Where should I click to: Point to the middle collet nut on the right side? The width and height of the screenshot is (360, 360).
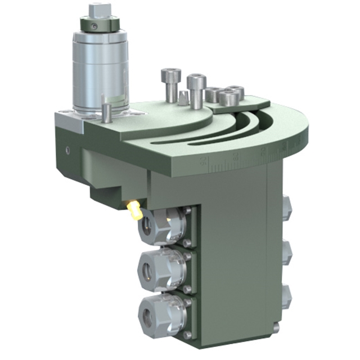[x=286, y=252]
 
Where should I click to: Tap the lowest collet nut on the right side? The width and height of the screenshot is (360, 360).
[x=286, y=296]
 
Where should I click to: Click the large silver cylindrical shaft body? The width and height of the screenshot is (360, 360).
[x=101, y=70]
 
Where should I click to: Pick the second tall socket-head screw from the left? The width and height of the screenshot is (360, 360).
[x=196, y=90]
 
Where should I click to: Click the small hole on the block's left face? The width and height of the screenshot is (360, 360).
[x=67, y=151]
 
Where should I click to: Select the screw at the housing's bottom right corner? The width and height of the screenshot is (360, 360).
[x=276, y=328]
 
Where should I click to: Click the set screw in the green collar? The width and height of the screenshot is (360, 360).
[x=97, y=26]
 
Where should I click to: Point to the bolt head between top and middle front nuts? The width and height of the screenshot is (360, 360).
[x=188, y=244]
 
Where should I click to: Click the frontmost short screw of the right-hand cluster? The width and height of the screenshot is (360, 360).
[x=228, y=98]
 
